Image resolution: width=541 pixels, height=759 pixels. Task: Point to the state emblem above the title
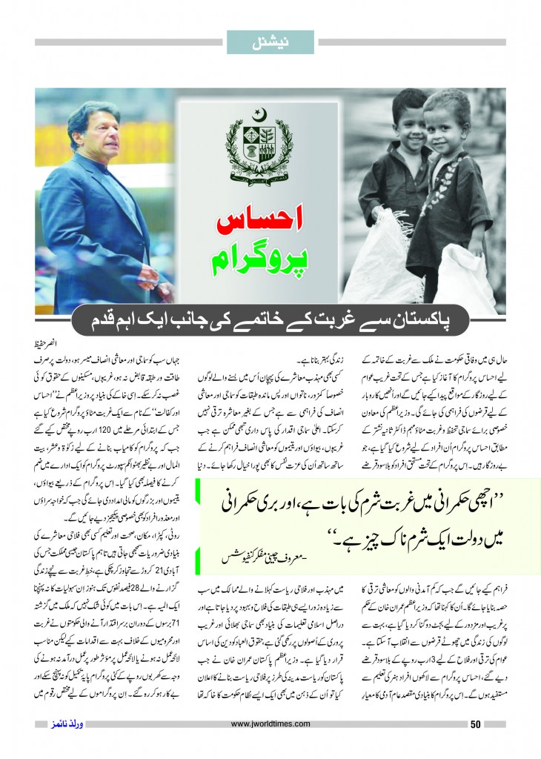pyautogui.click(x=270, y=145)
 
